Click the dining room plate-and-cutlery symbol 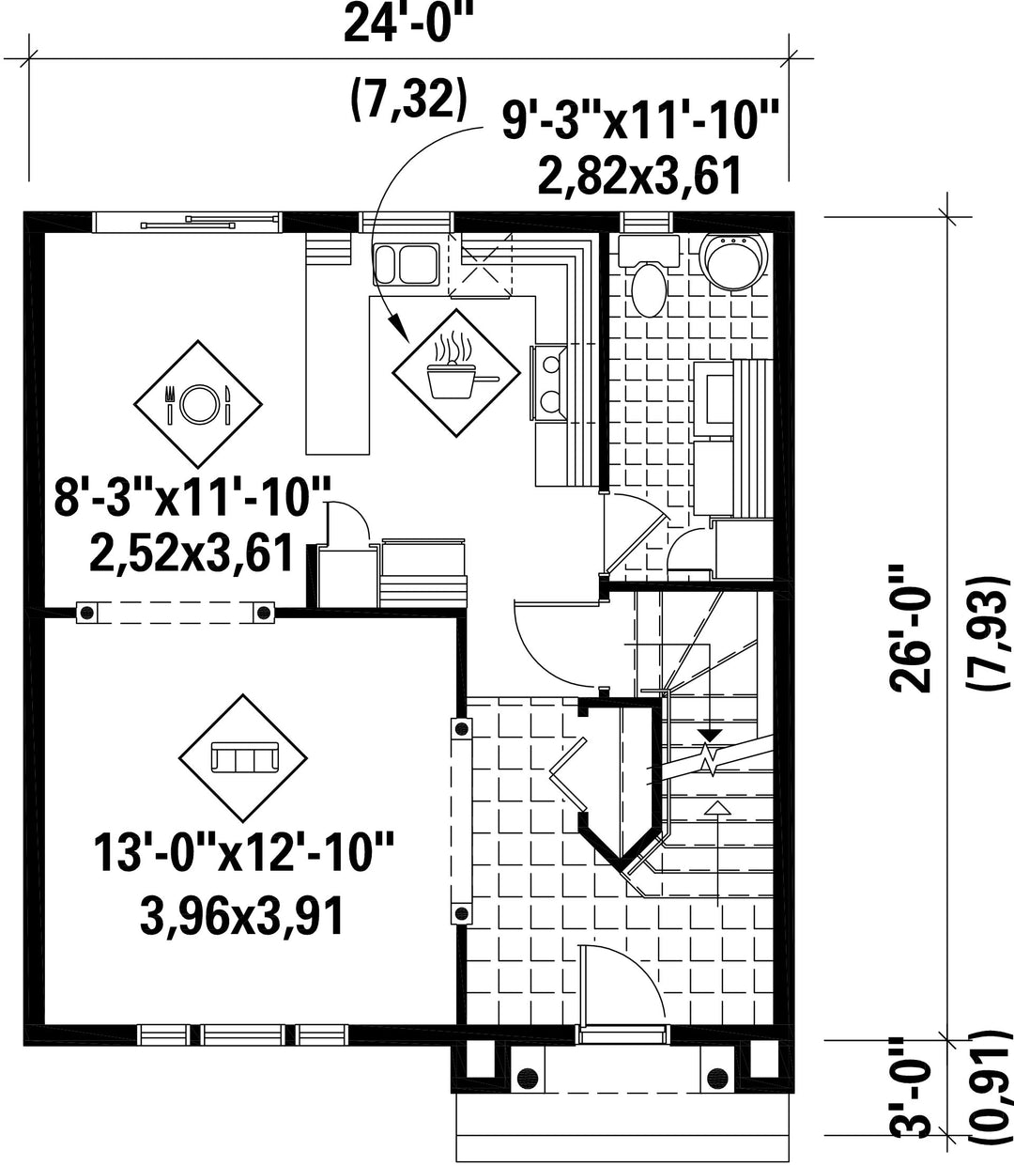(x=198, y=404)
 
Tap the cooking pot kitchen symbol (x=456, y=373)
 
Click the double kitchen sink (x=407, y=264)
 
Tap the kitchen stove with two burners (x=548, y=383)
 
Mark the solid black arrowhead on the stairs (x=710, y=735)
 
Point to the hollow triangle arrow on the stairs (x=717, y=807)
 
